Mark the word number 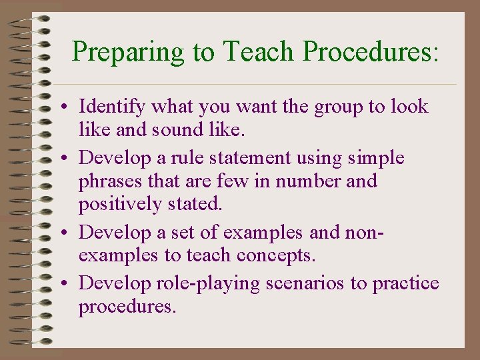(x=309, y=181)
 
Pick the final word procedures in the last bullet (x=127, y=307)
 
